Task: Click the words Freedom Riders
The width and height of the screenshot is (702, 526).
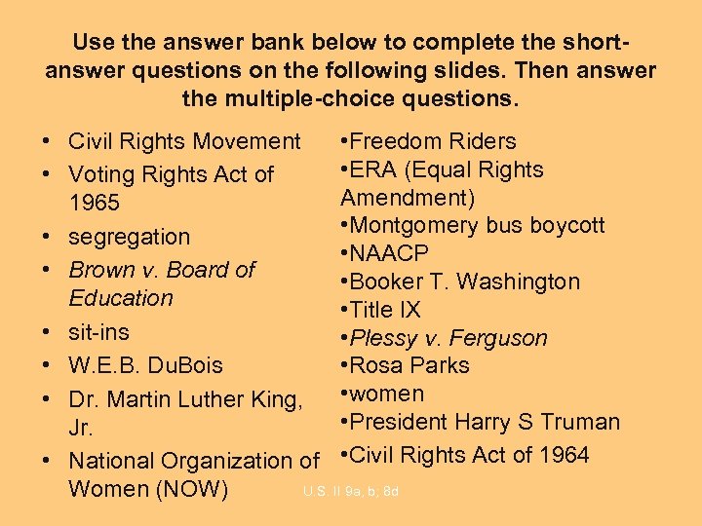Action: (x=432, y=141)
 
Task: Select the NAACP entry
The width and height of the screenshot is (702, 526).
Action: (x=388, y=253)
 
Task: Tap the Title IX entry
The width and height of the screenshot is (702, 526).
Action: (x=384, y=310)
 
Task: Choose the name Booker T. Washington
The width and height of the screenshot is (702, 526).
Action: (x=463, y=282)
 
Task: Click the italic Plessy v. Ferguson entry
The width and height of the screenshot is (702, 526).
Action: (x=448, y=338)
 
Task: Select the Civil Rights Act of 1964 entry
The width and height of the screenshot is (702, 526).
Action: (x=468, y=455)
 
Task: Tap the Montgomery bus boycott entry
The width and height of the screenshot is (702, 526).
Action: (x=476, y=225)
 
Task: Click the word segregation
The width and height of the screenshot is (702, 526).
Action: (x=130, y=237)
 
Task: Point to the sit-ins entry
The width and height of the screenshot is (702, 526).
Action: (x=98, y=331)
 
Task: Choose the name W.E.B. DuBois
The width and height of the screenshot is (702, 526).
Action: (x=145, y=365)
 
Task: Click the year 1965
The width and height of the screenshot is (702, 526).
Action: (x=95, y=203)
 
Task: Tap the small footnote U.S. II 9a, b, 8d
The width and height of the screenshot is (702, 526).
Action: (x=351, y=492)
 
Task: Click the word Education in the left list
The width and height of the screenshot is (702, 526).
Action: (x=121, y=298)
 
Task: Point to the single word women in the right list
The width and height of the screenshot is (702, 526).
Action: (x=386, y=394)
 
